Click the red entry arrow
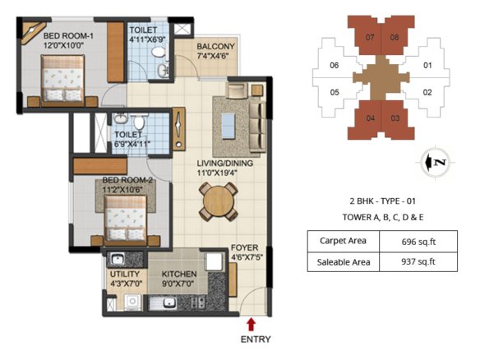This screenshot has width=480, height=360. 252,325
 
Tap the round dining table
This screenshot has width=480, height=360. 219,201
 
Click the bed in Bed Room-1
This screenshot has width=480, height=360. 62,78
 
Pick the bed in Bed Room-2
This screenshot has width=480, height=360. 126,219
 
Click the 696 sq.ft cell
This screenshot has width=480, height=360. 418,242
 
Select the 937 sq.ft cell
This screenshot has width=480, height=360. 418,261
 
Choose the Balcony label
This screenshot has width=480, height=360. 215,51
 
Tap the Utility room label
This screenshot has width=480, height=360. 125,279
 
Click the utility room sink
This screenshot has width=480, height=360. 117,260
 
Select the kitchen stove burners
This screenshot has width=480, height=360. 197,302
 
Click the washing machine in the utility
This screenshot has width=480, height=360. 132,302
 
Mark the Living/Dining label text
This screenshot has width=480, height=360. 224,168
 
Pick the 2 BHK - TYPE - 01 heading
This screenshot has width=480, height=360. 383,201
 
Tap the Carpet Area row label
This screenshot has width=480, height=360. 343,241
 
